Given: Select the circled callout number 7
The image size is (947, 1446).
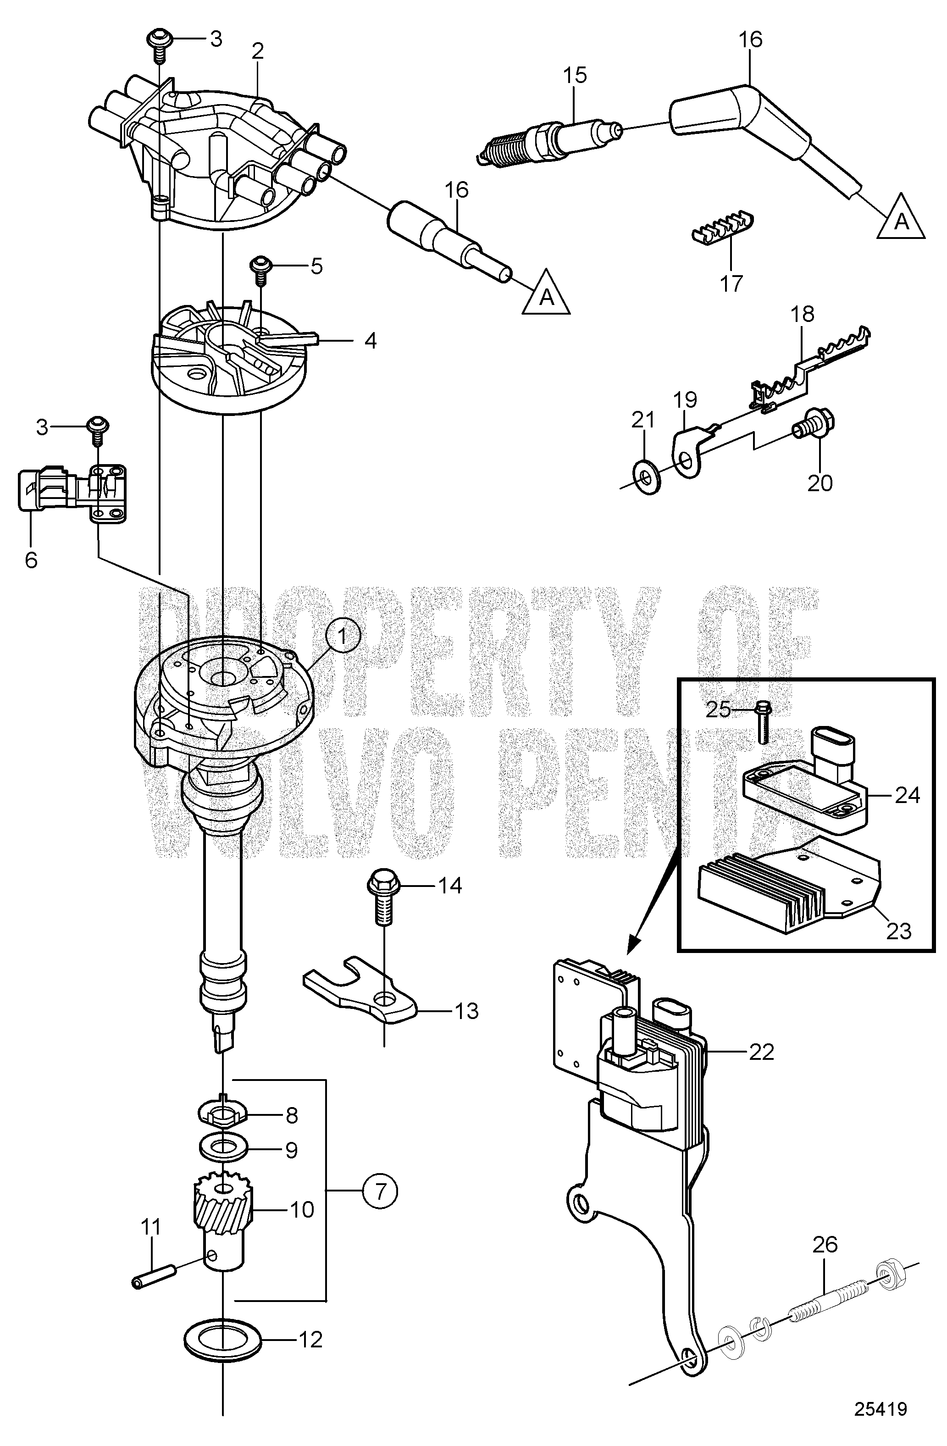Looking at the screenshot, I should point(379,1190).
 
